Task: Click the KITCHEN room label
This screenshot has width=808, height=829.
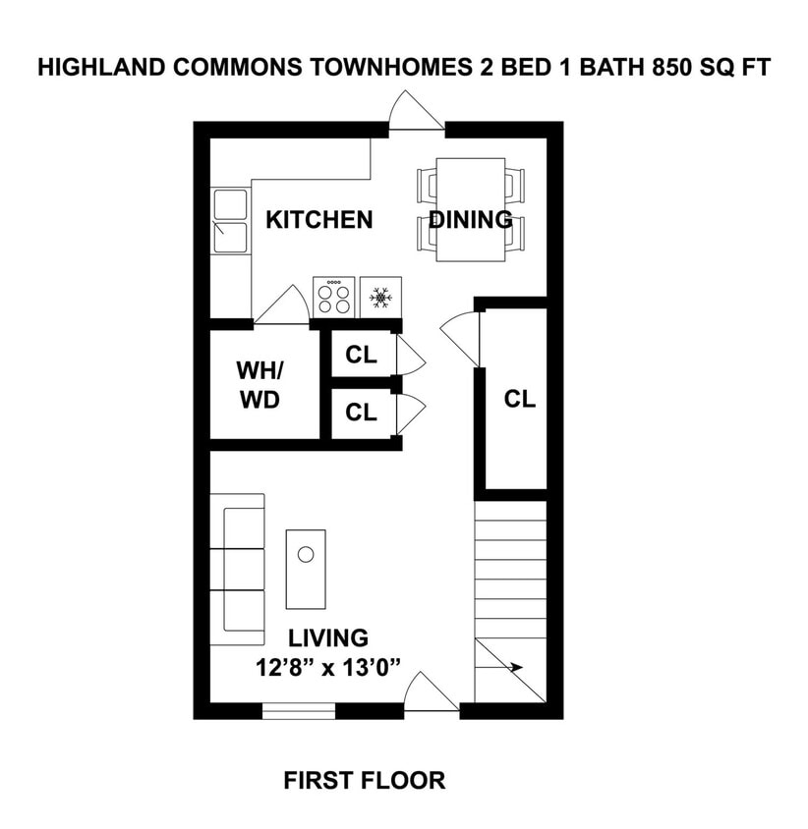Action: (x=319, y=219)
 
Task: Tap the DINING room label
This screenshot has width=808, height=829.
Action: (x=470, y=219)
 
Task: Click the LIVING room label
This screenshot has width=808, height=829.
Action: (x=328, y=638)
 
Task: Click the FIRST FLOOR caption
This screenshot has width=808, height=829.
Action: (x=364, y=781)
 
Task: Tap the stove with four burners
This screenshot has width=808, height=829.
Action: (x=333, y=296)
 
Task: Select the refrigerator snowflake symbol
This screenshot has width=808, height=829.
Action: (x=380, y=296)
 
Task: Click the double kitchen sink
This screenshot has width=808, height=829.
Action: (x=230, y=222)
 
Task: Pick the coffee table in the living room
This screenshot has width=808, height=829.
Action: (x=306, y=568)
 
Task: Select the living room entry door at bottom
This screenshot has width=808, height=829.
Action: (x=431, y=693)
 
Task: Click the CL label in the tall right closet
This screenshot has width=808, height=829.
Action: (x=519, y=399)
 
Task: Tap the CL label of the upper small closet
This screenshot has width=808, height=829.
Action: (x=361, y=356)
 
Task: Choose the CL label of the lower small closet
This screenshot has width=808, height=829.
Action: (x=361, y=413)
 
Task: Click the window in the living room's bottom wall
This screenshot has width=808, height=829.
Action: (x=299, y=711)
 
